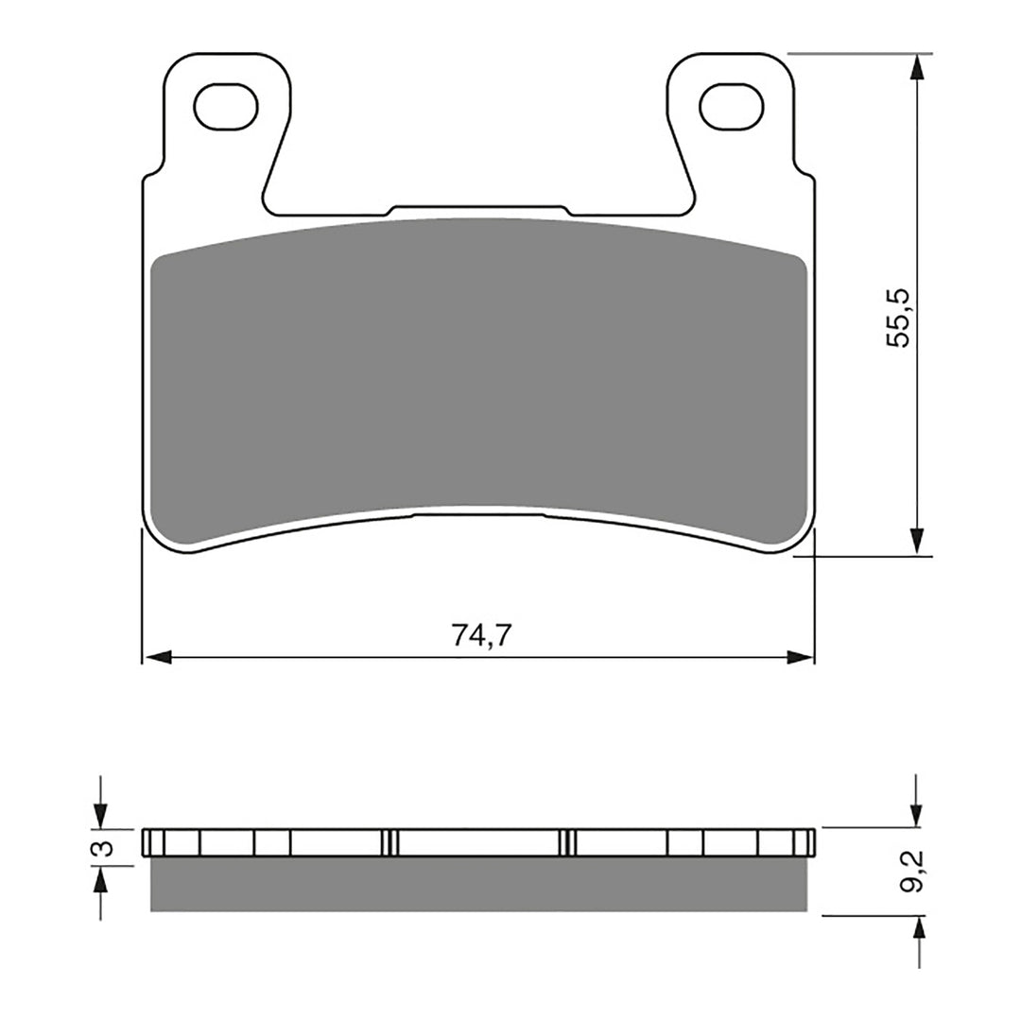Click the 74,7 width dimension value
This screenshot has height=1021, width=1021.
(481, 636)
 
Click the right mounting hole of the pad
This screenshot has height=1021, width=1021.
(731, 105)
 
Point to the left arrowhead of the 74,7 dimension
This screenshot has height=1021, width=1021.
(156, 657)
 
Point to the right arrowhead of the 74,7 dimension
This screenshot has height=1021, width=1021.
(801, 657)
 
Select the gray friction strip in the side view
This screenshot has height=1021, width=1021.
(479, 885)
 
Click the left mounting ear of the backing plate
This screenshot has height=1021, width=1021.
(227, 132)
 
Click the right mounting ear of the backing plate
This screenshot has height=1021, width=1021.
(730, 132)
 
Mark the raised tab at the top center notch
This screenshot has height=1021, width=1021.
(479, 210)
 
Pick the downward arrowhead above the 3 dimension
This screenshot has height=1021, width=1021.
(101, 814)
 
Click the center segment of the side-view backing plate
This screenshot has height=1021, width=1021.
(479, 842)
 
